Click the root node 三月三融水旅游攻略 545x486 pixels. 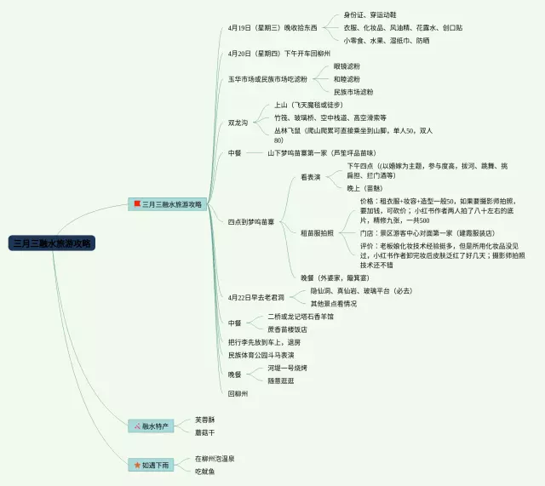point(53,243)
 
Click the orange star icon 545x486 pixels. point(136,465)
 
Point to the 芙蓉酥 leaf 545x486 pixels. point(204,419)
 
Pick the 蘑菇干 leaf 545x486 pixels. point(204,432)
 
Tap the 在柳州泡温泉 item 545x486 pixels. point(215,458)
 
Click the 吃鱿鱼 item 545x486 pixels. point(204,471)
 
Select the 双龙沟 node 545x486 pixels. point(238,123)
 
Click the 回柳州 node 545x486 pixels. point(238,393)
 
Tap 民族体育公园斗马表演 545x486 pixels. point(261,354)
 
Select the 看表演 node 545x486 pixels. point(311,177)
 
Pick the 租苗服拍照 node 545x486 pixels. point(318,232)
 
